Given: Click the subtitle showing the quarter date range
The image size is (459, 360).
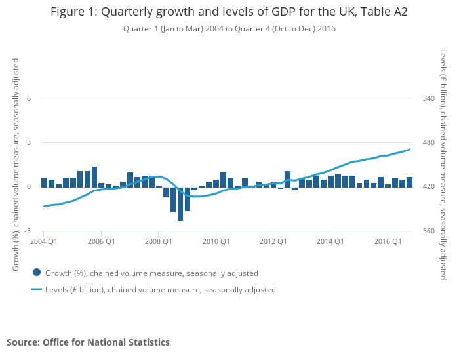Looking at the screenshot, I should click(229, 29).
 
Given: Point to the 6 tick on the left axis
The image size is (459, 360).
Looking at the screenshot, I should click(29, 98).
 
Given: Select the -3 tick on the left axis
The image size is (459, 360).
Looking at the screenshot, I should click(28, 231).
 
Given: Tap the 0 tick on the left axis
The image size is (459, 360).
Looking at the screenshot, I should click(29, 187).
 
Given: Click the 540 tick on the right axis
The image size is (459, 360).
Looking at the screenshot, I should click(429, 98).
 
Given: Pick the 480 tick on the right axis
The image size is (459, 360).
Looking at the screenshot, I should click(429, 143).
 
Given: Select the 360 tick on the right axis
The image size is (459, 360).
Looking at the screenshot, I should click(429, 231).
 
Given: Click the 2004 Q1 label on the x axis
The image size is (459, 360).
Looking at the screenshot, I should click(43, 241).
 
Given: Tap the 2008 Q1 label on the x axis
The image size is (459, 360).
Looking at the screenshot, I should click(158, 241).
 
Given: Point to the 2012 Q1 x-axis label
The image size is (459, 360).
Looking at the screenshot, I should click(273, 241).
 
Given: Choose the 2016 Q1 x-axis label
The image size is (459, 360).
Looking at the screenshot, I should click(388, 241).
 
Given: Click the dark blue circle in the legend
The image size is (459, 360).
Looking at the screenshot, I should click(37, 273).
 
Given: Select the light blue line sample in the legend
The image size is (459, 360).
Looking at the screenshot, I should click(37, 289).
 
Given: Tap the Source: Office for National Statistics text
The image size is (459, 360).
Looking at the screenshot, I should click(88, 342).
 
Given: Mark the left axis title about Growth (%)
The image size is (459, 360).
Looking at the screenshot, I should click(16, 165).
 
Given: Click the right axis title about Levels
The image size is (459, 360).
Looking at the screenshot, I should click(444, 165).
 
